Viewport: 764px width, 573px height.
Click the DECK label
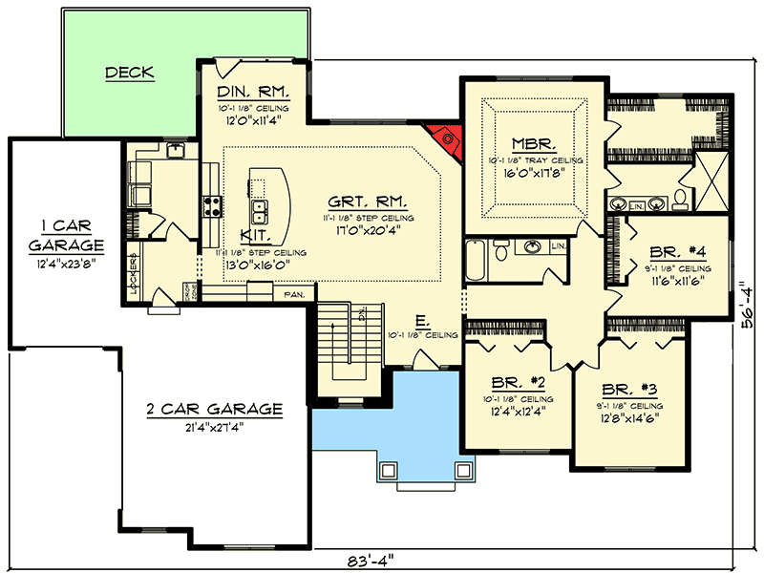pyautogui.click(x=130, y=73)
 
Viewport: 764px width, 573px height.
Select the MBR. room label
pyautogui.click(x=526, y=141)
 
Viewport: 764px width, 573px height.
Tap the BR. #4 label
pyautogui.click(x=677, y=253)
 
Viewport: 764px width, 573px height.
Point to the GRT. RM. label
pyautogui.click(x=368, y=202)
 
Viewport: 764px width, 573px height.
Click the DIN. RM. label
pyautogui.click(x=253, y=92)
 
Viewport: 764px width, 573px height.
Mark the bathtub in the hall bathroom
pyautogui.click(x=477, y=257)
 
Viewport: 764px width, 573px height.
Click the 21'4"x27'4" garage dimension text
pyautogui.click(x=214, y=427)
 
